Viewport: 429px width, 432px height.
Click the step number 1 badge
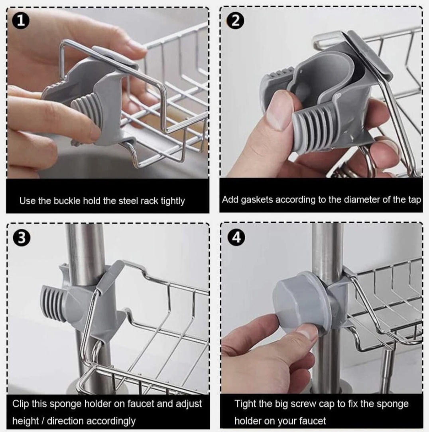21,21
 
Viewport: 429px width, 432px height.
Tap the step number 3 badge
22,238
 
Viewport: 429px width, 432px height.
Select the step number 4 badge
236,238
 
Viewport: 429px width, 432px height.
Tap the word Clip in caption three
21,404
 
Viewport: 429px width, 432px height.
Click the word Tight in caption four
246,404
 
